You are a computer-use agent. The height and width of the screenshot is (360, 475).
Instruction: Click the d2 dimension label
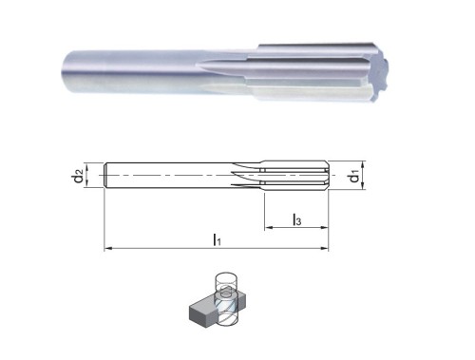point(78,177)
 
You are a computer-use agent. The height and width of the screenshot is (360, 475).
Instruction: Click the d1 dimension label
point(353,177)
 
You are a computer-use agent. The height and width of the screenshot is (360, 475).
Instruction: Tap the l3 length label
point(296,219)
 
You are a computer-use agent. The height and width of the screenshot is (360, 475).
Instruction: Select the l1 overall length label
point(217,239)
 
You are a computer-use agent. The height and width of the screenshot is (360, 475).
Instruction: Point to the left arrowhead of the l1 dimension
point(107,249)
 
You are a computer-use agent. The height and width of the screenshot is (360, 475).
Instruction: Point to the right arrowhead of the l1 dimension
point(325,249)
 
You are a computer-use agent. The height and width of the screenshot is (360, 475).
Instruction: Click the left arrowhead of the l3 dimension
point(268,227)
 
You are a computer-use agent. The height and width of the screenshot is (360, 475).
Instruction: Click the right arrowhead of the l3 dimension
point(325,227)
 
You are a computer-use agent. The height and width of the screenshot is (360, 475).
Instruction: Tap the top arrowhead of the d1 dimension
point(363,164)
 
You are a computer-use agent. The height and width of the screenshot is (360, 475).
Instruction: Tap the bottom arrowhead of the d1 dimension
point(363,186)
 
